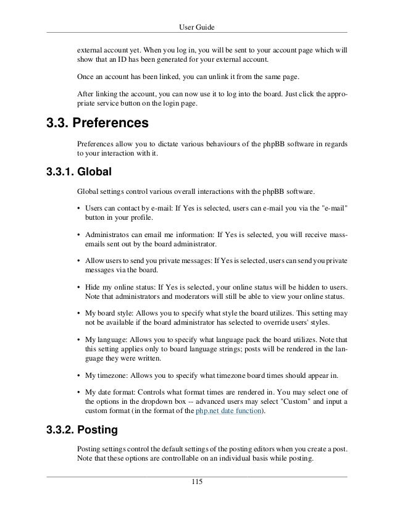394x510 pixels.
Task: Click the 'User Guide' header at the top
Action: click(x=196, y=27)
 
